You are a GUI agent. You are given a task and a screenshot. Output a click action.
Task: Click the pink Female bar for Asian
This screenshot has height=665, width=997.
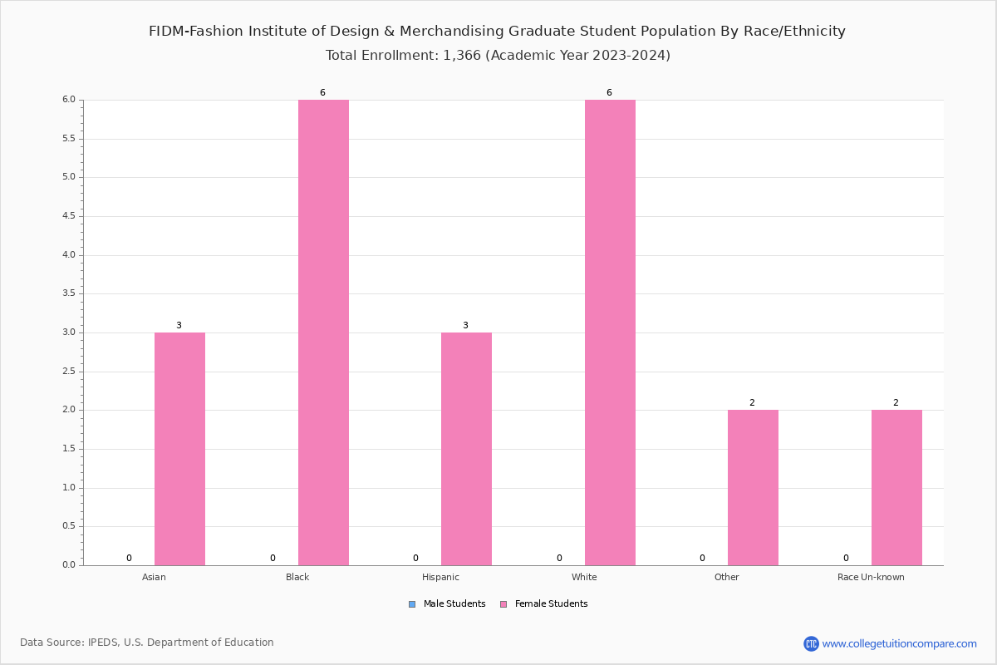[x=179, y=449]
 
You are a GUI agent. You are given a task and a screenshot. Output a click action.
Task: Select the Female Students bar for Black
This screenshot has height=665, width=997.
[x=323, y=332]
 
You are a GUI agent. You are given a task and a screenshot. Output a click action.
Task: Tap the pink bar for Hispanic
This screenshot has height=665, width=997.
[x=466, y=449]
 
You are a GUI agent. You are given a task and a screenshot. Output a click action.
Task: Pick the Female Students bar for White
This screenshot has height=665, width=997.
[x=610, y=332]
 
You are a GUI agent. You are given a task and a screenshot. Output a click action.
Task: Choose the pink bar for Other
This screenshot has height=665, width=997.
[x=753, y=487]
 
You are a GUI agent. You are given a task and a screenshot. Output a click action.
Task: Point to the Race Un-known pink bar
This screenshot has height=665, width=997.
[x=896, y=487]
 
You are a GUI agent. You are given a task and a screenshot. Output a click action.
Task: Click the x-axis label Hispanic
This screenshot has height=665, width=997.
[x=440, y=577]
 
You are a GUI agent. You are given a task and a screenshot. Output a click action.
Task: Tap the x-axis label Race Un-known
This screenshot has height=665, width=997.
[x=871, y=577]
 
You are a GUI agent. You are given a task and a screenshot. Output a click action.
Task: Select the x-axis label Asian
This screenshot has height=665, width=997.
[x=154, y=577]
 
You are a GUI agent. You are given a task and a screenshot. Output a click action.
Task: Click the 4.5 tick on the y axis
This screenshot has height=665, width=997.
[x=68, y=216]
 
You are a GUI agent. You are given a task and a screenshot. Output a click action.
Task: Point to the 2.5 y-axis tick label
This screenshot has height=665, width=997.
[x=68, y=372]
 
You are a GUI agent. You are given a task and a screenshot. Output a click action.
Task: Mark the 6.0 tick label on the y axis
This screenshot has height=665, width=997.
[x=68, y=100]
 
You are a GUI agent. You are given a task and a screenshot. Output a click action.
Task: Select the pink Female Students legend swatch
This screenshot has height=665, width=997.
[x=503, y=604]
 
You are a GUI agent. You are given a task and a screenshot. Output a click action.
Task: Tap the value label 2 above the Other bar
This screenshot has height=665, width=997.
[x=752, y=402]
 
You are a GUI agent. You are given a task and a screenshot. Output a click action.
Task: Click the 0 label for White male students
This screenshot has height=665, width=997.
[x=559, y=558]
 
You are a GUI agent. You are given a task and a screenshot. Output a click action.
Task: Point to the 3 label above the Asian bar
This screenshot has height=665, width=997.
[x=179, y=325]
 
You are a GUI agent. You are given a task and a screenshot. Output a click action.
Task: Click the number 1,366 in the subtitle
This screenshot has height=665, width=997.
[x=461, y=55]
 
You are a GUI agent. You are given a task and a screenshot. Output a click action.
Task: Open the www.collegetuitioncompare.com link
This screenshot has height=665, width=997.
[x=899, y=643]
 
